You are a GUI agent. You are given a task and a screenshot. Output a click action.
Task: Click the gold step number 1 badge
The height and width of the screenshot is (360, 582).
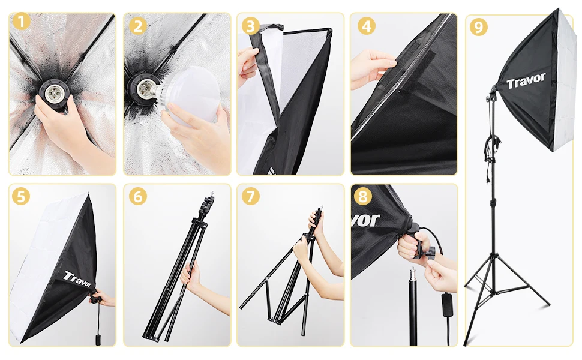(22, 21)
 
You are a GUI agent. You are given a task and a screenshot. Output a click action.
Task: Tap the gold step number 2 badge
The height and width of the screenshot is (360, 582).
(138, 26)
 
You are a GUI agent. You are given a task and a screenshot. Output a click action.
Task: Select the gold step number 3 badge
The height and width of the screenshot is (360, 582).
(251, 26)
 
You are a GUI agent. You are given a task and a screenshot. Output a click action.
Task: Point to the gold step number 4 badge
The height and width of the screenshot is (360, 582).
(367, 26)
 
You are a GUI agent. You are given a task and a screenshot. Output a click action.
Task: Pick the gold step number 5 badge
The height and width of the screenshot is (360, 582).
(21, 196)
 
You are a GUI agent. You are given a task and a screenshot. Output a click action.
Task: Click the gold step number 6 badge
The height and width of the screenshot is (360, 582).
(138, 196)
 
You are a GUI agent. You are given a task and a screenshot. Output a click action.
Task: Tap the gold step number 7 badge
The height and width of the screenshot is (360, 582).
(251, 196)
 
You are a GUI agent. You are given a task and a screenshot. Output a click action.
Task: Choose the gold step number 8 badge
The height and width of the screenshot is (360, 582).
(363, 196)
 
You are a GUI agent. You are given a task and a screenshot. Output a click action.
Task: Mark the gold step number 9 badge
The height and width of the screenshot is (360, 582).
(479, 27)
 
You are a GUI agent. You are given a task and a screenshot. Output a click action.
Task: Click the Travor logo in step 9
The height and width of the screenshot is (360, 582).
(526, 80)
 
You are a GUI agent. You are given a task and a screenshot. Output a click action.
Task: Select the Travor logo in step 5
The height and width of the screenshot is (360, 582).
(77, 279)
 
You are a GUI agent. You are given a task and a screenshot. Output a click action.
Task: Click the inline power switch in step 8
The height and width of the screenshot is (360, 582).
(447, 304)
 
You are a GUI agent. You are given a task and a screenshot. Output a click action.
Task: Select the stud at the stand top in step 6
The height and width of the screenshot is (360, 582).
(212, 194)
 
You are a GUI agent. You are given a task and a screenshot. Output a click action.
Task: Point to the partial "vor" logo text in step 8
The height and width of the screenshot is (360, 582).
(365, 220)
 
